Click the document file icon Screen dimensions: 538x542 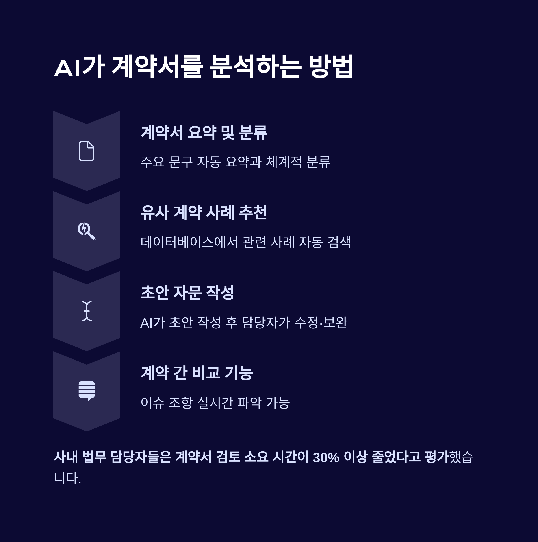(x=87, y=151)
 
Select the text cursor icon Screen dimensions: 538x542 (x=87, y=311)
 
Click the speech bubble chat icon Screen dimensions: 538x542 (x=87, y=391)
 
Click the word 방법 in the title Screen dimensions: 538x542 (x=331, y=67)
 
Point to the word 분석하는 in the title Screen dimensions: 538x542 (x=255, y=67)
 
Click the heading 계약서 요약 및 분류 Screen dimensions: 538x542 (x=204, y=133)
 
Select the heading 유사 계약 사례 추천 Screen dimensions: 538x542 (x=204, y=213)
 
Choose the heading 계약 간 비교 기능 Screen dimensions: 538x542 (x=197, y=373)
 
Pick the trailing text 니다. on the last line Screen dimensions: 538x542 (x=67, y=478)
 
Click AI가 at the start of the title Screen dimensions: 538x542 (x=79, y=67)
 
